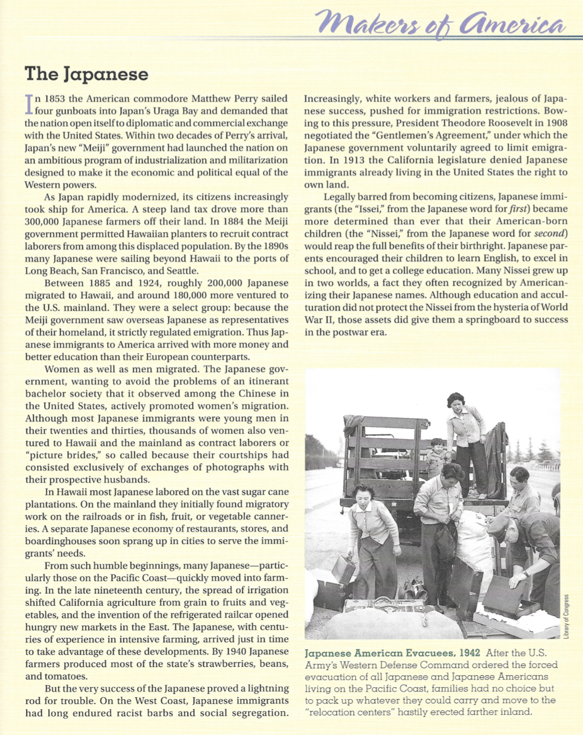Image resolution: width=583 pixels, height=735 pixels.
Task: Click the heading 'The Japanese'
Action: pyautogui.click(x=87, y=74)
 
